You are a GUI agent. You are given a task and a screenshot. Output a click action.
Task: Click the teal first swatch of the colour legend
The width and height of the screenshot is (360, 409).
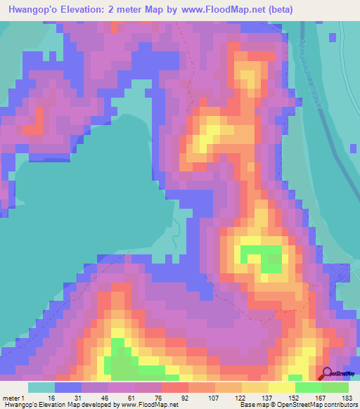pyautogui.click(x=41, y=387)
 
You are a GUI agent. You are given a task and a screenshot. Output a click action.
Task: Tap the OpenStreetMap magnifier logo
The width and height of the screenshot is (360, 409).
pyautogui.click(x=327, y=374)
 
